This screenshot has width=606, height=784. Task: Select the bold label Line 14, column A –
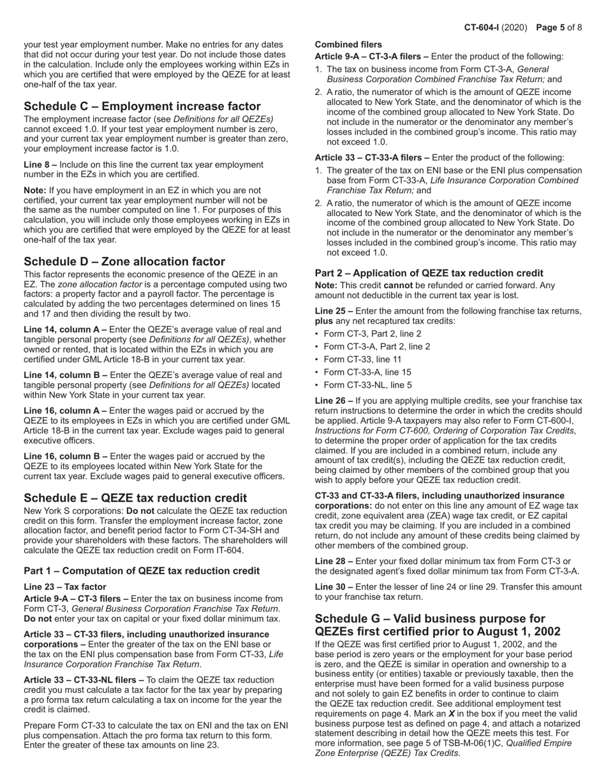click(65, 329)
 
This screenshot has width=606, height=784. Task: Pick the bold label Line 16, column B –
click(65, 456)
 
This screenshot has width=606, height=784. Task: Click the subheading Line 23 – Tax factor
click(65, 586)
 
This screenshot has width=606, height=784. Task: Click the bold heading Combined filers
click(348, 45)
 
